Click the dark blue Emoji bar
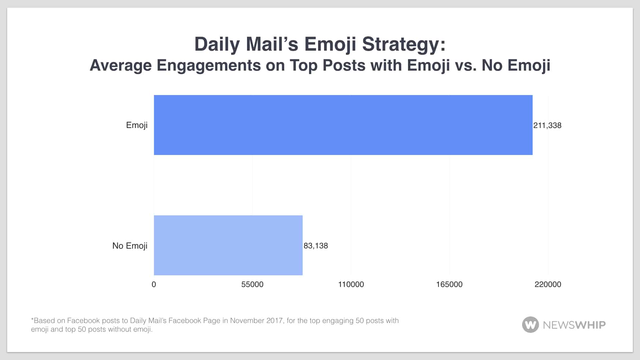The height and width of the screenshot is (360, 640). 343,125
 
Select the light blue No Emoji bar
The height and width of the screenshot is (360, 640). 228,245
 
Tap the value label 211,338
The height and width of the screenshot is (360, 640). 547,125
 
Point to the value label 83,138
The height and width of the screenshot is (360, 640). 316,246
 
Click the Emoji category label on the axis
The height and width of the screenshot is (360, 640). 137,125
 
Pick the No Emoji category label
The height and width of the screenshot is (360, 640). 130,246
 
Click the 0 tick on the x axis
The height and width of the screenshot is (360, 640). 154,284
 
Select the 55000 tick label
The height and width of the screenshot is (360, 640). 252,284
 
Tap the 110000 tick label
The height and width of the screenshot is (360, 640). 351,284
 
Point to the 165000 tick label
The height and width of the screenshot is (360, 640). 449,284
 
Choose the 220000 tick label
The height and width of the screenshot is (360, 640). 548,284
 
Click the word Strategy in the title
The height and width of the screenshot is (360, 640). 404,44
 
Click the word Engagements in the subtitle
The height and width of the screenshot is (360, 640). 209,65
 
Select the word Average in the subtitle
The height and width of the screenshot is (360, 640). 121,65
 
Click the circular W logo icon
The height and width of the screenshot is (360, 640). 530,324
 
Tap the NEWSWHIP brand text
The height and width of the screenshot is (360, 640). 574,325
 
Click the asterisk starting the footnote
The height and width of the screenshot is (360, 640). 32,320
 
